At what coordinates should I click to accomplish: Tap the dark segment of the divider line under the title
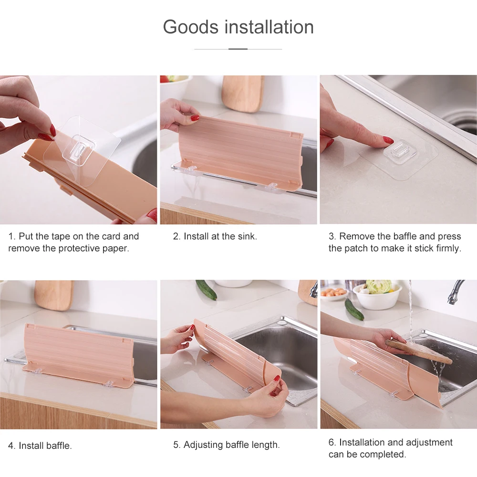(x=238, y=49)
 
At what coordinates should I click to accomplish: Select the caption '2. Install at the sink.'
(x=215, y=236)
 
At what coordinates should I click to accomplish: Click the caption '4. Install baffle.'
(x=40, y=446)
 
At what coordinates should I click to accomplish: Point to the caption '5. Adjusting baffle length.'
(x=226, y=445)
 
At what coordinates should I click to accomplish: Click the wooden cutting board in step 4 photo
(x=53, y=294)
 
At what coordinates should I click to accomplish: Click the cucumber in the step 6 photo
(x=354, y=309)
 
